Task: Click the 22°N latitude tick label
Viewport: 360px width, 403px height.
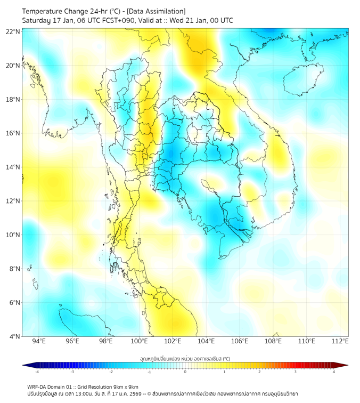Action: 13,31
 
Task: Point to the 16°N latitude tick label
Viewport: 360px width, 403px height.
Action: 13,133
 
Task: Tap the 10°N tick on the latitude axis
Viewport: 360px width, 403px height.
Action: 13,235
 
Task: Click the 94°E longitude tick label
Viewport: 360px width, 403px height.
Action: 39,342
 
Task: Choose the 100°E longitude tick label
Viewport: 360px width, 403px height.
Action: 140,342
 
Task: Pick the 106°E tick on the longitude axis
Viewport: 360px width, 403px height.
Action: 240,342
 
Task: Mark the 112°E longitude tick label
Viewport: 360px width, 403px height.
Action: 340,342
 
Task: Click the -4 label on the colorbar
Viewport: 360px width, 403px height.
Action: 37,372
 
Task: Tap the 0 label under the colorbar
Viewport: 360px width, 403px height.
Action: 185,372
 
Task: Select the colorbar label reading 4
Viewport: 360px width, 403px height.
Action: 333,372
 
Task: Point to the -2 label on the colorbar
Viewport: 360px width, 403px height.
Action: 111,372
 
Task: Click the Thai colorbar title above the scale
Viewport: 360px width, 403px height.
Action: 185,359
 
